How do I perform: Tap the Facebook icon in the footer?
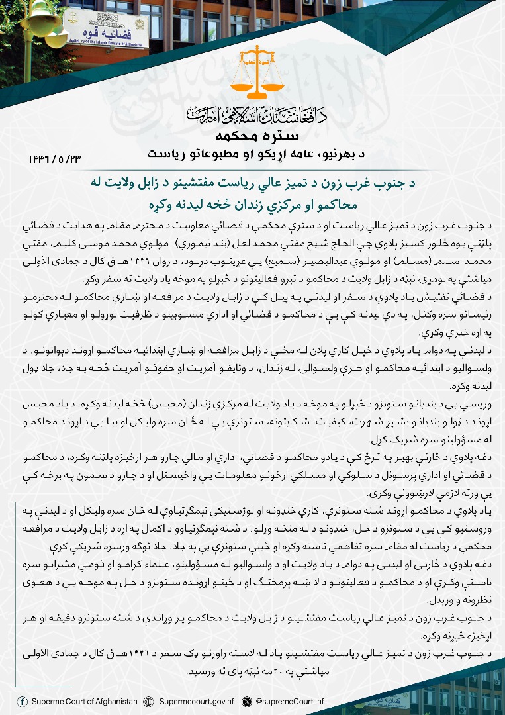pos(23,701)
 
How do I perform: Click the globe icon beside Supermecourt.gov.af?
pos(148,701)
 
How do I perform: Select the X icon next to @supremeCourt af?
pos(247,701)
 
